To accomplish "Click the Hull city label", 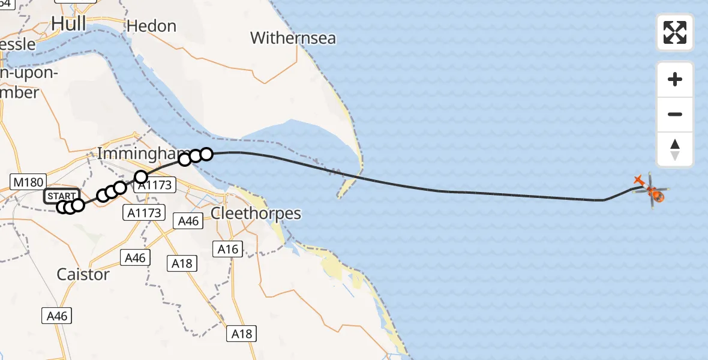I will [68, 23].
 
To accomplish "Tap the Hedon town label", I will [151, 26].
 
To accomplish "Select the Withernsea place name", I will [293, 38].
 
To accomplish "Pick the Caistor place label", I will [83, 274].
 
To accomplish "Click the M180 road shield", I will [25, 181].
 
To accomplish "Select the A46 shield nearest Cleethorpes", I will [188, 221].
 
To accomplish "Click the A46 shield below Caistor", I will [58, 316].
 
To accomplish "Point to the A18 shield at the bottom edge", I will [242, 334].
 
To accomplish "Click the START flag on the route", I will [61, 196].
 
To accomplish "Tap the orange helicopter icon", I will [655, 195].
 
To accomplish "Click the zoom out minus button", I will [675, 114].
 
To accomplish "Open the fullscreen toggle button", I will [675, 32].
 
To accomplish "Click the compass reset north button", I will [675, 149].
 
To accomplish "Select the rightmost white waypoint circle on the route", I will [206, 154].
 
